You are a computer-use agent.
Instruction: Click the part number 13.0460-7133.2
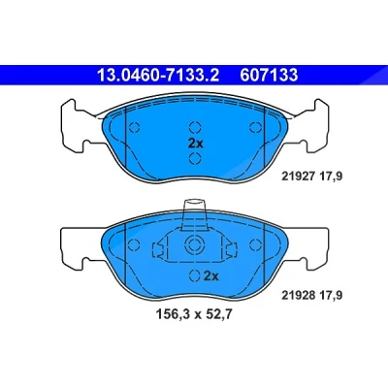tap(158, 76)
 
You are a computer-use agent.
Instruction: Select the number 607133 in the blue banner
tap(269, 76)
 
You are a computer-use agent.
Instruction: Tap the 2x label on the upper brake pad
tap(196, 144)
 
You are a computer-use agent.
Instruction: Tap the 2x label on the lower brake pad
tap(211, 276)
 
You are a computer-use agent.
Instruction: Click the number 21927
tap(298, 177)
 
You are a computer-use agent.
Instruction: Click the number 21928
tap(298, 295)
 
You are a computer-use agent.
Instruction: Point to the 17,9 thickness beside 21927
tap(331, 177)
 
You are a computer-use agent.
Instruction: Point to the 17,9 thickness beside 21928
tap(331, 295)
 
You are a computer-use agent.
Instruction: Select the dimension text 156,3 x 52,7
tap(194, 314)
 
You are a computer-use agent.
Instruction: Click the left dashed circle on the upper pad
tap(134, 127)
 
